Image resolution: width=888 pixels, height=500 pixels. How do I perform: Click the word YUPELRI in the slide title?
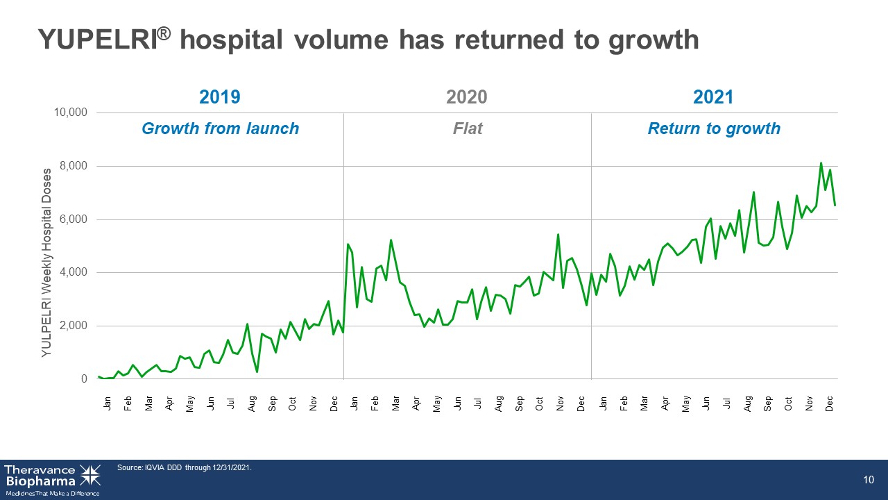click(x=99, y=40)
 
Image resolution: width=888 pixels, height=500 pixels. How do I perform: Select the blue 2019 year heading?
click(x=220, y=97)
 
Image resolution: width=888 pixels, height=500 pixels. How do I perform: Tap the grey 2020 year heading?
click(x=467, y=97)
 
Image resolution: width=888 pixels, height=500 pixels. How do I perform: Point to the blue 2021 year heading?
click(x=713, y=97)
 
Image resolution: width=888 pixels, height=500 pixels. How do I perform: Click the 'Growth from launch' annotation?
click(x=221, y=128)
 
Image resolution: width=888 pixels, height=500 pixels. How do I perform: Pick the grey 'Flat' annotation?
click(x=468, y=128)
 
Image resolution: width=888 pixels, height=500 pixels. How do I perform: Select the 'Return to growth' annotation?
click(x=714, y=129)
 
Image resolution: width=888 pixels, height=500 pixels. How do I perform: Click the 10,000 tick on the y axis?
click(x=71, y=112)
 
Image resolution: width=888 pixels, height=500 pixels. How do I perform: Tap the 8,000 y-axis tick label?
click(x=74, y=166)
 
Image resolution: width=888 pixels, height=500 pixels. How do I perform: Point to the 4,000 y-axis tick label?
click(x=74, y=272)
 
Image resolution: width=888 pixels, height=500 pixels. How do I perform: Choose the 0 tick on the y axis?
click(x=84, y=379)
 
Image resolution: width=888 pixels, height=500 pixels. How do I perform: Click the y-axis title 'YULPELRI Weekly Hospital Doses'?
click(x=46, y=262)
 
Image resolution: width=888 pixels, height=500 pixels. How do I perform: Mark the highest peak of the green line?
click(x=821, y=162)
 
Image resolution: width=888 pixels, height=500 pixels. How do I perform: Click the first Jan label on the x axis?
click(x=107, y=403)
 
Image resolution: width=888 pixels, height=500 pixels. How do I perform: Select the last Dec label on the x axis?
click(x=829, y=403)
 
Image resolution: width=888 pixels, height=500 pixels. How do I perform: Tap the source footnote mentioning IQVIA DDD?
click(x=185, y=467)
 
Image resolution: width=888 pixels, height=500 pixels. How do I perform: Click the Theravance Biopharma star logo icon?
click(x=90, y=476)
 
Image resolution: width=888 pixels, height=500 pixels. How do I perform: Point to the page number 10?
click(x=869, y=480)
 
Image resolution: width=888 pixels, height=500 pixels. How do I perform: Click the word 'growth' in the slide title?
click(x=654, y=40)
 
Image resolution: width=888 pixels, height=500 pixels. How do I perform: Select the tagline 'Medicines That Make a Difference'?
click(x=53, y=494)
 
